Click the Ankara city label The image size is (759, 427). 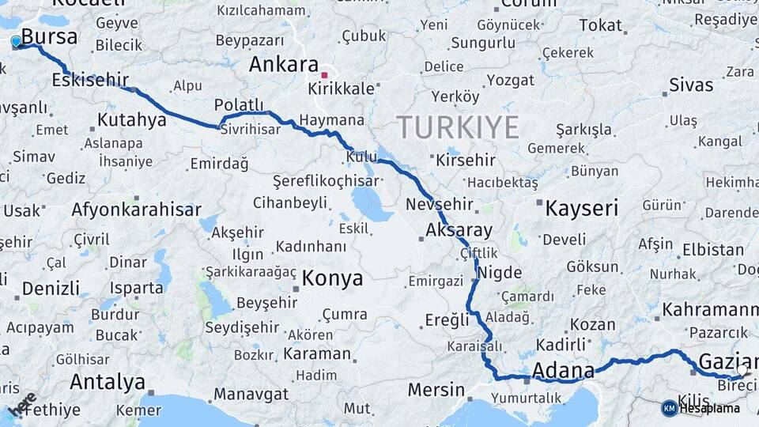pos(284,65)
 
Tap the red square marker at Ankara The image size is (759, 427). pos(324,76)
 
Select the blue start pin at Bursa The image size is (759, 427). pos(16,41)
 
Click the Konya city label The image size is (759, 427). pos(332,278)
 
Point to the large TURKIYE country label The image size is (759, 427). pos(458,127)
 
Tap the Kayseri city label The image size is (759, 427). pos(581,209)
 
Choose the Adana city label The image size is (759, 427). pos(563,371)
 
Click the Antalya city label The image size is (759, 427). pos(108,383)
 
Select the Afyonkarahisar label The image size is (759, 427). pos(135,210)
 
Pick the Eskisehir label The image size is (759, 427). pos(90,81)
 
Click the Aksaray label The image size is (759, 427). pos(459,231)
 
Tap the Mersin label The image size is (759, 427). pos(436,390)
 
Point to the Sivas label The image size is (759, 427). pos(690,85)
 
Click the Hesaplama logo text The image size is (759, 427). pos(710,408)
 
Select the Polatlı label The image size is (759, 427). pos(239,105)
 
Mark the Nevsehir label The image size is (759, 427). pos(439,205)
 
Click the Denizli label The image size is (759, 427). pos(51,289)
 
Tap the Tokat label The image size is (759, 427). pos(600,25)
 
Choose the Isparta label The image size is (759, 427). pos(137,288)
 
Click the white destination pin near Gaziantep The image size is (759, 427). pos(742,369)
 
